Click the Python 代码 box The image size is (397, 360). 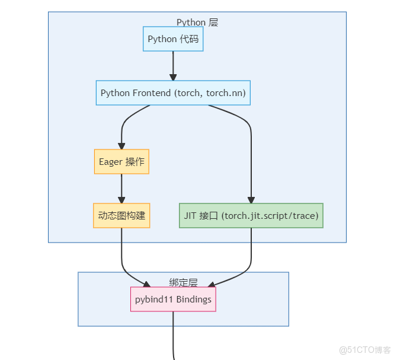(173, 39)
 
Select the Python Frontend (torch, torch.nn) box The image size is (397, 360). (173, 93)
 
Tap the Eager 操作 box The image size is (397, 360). (121, 162)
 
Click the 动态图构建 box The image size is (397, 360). (121, 216)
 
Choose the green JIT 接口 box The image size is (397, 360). (251, 216)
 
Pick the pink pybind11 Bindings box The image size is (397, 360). (173, 300)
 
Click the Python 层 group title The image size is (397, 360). (197, 23)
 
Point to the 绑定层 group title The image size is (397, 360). (183, 283)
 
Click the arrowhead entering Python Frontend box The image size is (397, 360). (173, 77)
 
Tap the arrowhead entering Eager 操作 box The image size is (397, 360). (121, 145)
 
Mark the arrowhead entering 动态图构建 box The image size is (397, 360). (121, 199)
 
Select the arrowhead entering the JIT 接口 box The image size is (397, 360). (251, 199)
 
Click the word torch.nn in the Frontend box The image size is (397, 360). (226, 93)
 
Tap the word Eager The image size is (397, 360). (111, 162)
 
